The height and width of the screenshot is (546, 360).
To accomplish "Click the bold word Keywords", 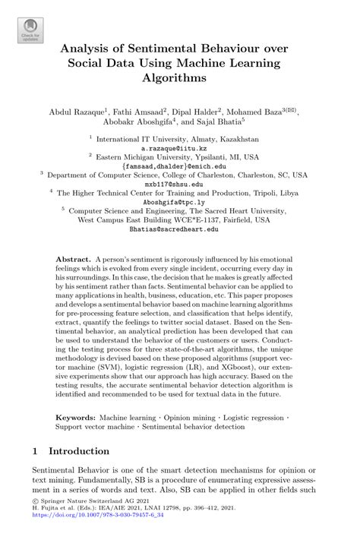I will tap(76, 418).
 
